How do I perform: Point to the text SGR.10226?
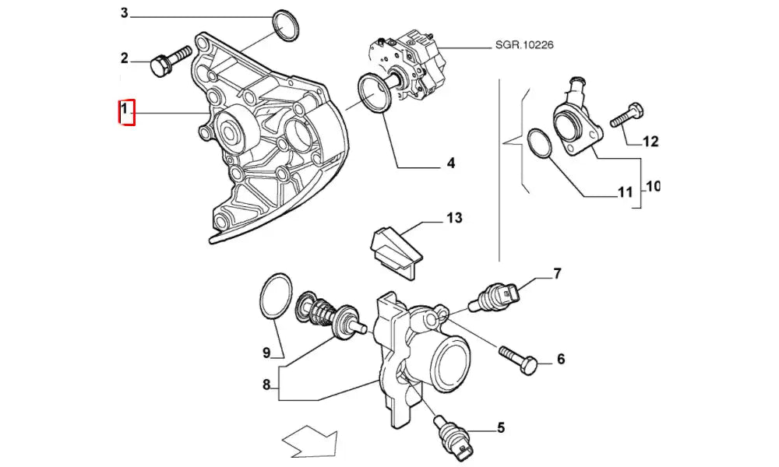[524, 45]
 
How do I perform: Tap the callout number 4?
[450, 163]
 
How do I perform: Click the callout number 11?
[625, 192]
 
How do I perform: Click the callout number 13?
[453, 218]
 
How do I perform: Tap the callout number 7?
[557, 273]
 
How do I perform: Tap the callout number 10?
[653, 187]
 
